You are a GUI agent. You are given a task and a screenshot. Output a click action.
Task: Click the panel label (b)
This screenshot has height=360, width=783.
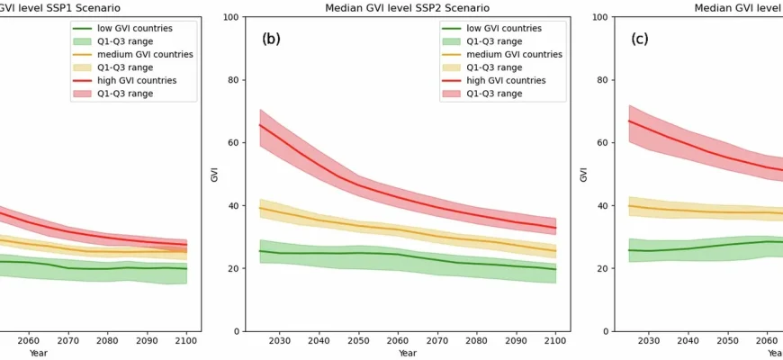click(x=272, y=39)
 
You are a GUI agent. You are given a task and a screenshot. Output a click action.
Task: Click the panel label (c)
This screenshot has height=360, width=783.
click(x=640, y=39)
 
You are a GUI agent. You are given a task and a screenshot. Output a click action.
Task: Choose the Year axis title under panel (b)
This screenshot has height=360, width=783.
click(x=409, y=354)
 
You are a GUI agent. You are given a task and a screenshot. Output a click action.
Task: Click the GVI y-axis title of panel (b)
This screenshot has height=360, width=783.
click(x=214, y=174)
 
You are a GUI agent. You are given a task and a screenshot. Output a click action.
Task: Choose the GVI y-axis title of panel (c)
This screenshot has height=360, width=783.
click(x=583, y=174)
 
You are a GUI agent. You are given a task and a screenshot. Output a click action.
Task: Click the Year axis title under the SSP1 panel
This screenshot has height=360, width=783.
click(x=39, y=354)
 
